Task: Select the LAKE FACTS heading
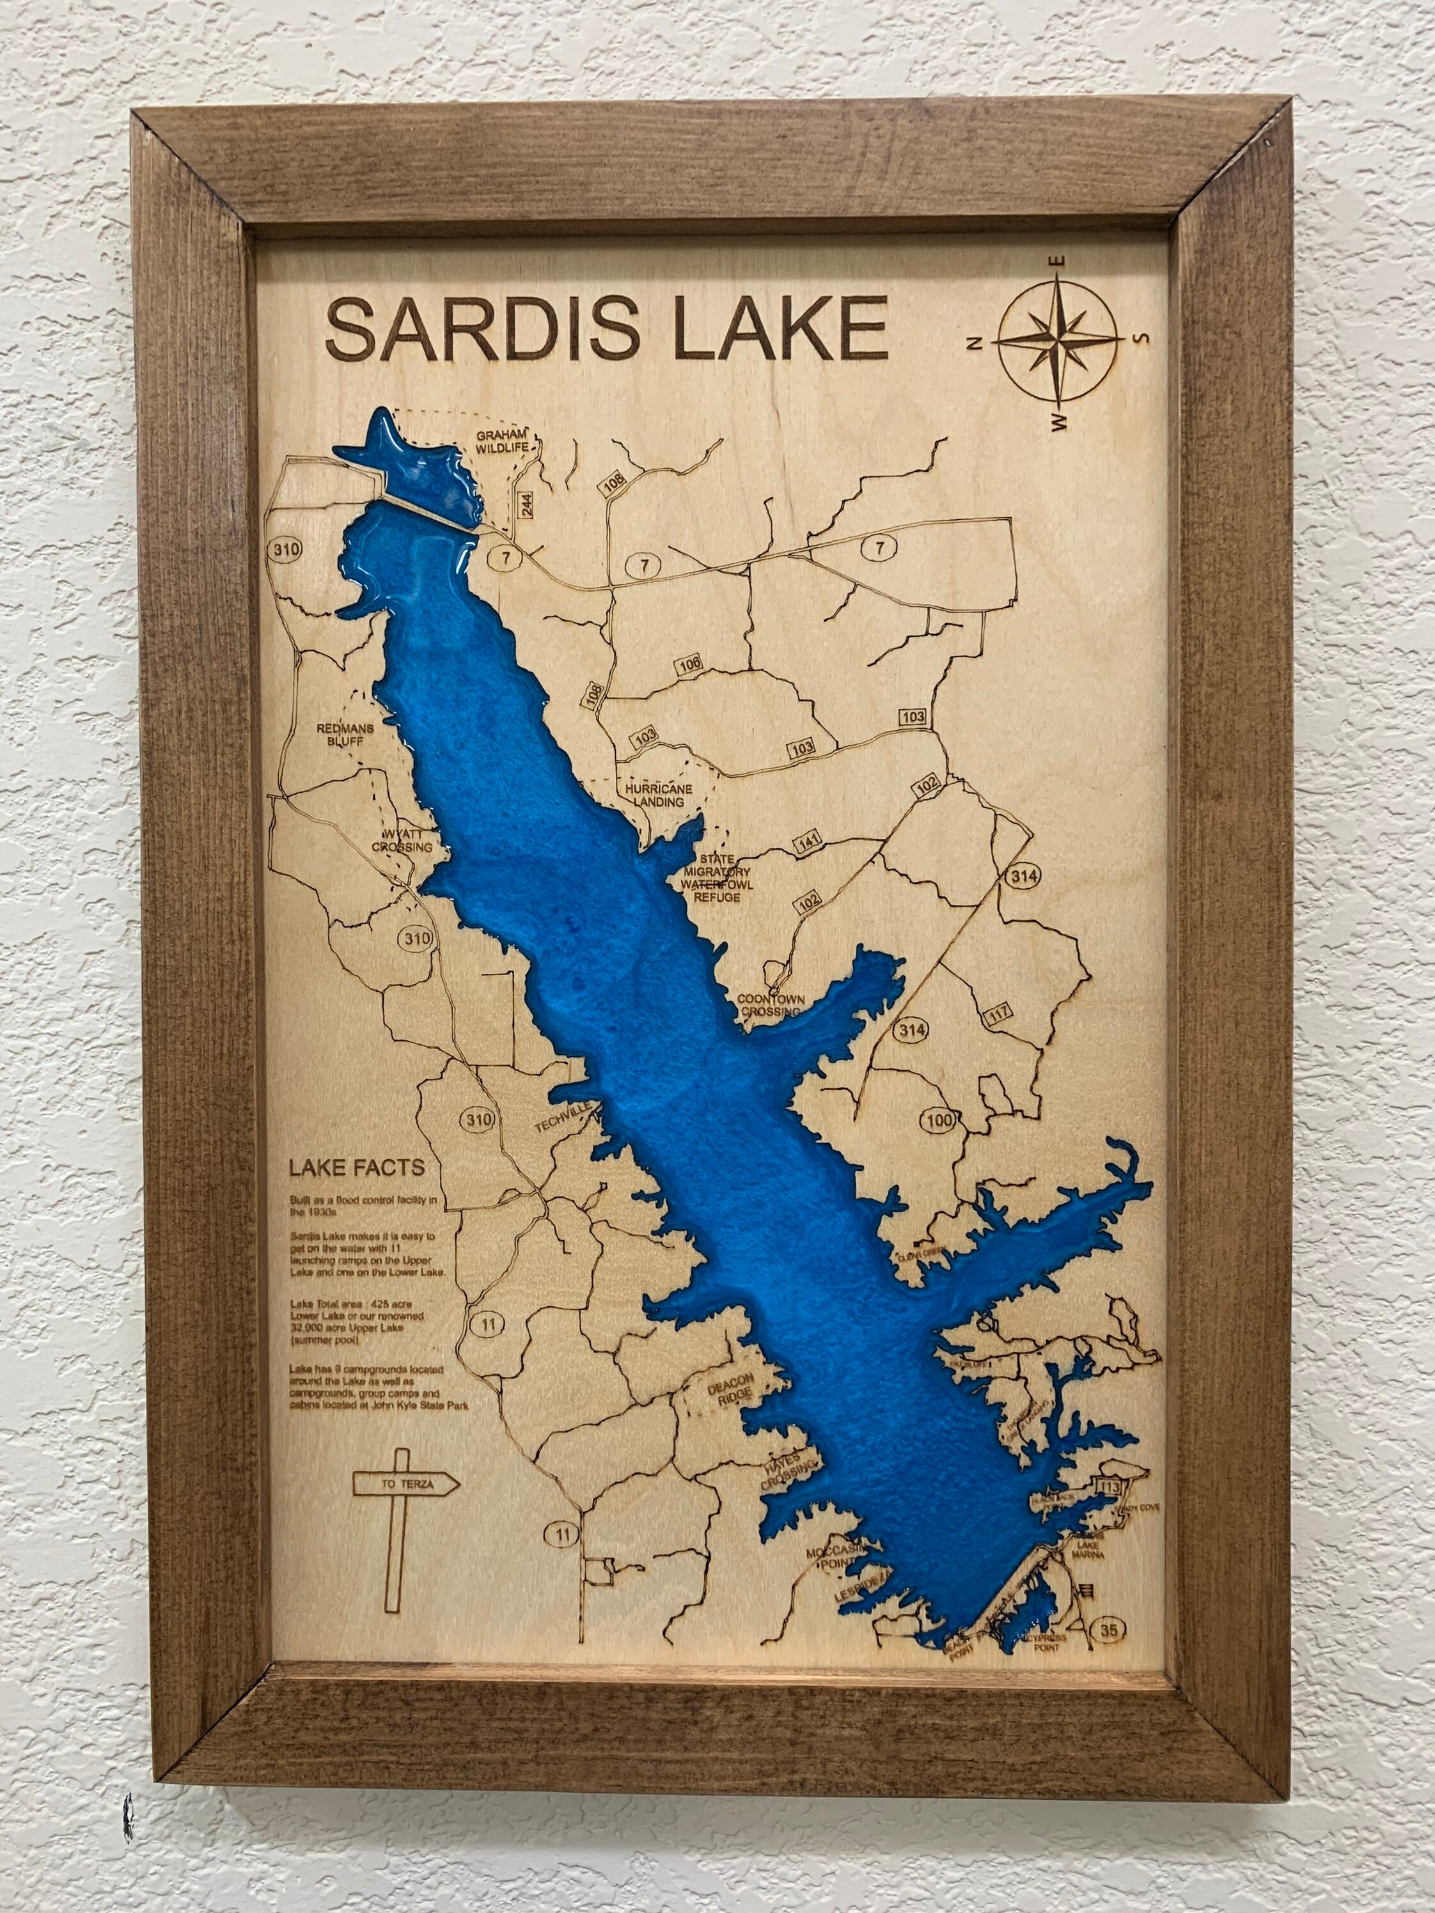coord(356,1168)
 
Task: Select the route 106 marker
coord(689,664)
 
